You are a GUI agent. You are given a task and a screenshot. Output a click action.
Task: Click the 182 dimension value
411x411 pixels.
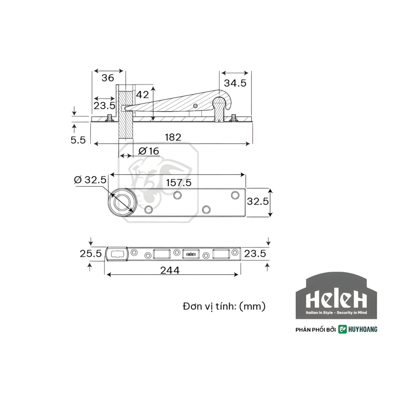pos(173,137)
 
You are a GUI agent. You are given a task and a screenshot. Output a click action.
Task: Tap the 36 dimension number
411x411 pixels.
pos(108,78)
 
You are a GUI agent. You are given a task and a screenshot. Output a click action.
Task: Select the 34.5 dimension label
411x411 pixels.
pos(235,83)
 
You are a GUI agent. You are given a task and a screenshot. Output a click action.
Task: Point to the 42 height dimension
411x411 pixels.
pos(142,95)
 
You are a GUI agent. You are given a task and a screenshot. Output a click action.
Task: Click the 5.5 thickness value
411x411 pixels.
pos(78,140)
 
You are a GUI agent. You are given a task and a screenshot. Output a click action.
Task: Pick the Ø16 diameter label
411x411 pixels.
pos(148,151)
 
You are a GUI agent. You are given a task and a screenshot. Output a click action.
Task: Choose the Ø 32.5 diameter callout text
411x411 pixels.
pos(90,180)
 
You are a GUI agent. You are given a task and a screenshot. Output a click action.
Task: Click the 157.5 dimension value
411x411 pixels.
pos(179,182)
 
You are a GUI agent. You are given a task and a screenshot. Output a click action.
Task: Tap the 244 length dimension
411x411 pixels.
pos(170,270)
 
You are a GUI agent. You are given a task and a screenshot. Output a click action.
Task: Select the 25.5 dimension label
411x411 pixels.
pos(91,253)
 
